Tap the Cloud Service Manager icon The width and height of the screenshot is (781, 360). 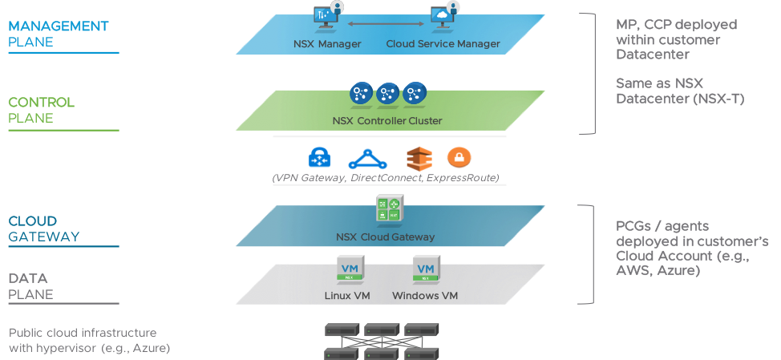(x=443, y=18)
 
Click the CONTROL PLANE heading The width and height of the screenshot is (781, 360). (x=41, y=110)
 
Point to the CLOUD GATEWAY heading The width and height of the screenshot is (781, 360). (x=44, y=229)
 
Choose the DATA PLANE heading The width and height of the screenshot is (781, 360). (x=30, y=286)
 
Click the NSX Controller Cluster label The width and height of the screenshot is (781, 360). (x=386, y=121)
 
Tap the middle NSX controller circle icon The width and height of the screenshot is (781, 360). (x=387, y=94)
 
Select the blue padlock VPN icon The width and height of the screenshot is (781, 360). (x=319, y=156)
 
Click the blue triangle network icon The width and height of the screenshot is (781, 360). (x=368, y=157)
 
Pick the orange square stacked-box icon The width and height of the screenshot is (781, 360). (x=418, y=157)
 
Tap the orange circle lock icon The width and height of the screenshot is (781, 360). (x=461, y=157)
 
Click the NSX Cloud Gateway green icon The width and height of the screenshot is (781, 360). (x=389, y=209)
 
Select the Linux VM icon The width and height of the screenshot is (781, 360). (x=350, y=269)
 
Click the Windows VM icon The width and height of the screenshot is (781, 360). (x=425, y=269)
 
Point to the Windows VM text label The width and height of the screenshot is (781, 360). (x=424, y=296)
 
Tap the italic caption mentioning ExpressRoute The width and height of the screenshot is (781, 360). (x=386, y=177)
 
